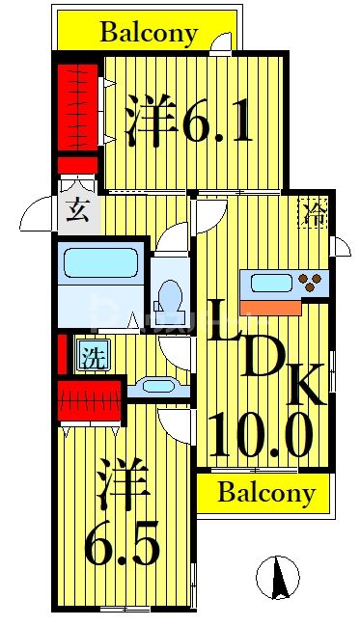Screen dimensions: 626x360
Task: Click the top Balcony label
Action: click(149, 33)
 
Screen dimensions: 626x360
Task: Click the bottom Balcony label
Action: click(265, 494)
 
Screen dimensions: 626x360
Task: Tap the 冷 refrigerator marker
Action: click(314, 211)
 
